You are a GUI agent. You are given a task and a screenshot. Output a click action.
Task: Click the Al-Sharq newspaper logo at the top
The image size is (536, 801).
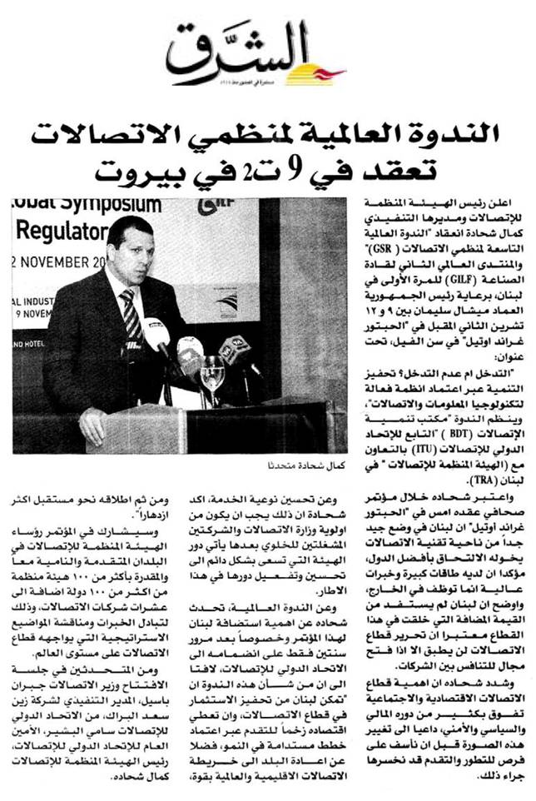click(253, 54)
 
